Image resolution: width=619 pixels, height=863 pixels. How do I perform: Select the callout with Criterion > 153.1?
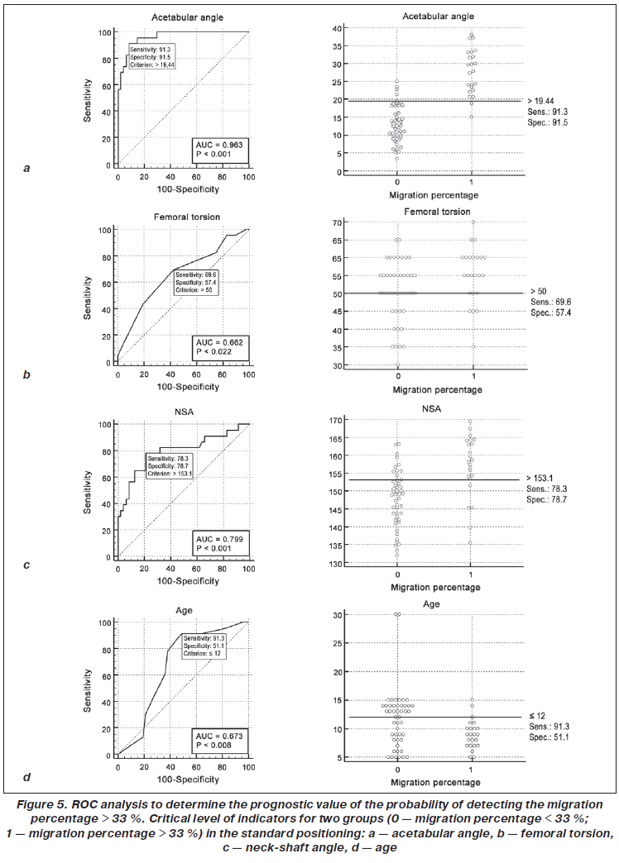pos(170,465)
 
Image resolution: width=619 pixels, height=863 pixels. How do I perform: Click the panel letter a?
pos(27,168)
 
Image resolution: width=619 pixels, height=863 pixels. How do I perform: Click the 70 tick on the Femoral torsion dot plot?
pos(338,223)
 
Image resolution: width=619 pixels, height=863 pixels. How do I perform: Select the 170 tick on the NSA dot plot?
pos(335,421)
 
